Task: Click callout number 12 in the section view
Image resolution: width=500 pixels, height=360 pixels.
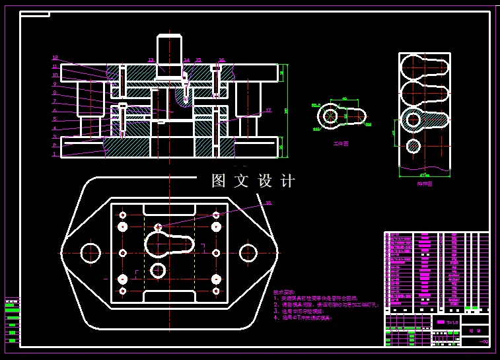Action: pyautogui.click(x=55, y=58)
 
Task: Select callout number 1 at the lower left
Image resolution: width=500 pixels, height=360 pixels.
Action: pyautogui.click(x=55, y=155)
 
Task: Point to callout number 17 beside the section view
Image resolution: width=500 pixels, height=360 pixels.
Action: pyautogui.click(x=268, y=111)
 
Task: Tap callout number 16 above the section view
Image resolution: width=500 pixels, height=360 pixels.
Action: pyautogui.click(x=221, y=60)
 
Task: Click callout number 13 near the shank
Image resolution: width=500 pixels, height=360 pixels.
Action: pyautogui.click(x=151, y=60)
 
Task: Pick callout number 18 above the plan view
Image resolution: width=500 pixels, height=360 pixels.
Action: pyautogui.click(x=268, y=203)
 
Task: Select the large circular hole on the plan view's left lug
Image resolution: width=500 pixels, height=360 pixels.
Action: pyautogui.click(x=90, y=253)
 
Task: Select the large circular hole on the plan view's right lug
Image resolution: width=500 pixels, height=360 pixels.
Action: pyautogui.click(x=248, y=253)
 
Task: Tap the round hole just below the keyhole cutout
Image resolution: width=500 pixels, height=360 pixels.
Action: pyautogui.click(x=157, y=270)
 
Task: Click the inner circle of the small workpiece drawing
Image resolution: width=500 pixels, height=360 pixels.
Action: pyautogui.click(x=328, y=117)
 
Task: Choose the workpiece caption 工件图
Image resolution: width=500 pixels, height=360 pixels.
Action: pyautogui.click(x=340, y=143)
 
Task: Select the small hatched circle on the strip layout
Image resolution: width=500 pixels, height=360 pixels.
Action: pyautogui.click(x=413, y=146)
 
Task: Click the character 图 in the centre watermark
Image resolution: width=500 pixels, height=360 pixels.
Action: pyautogui.click(x=219, y=181)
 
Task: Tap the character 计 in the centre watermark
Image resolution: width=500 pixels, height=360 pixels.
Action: pyautogui.click(x=287, y=181)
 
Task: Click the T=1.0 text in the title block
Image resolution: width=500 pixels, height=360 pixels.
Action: pyautogui.click(x=452, y=322)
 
